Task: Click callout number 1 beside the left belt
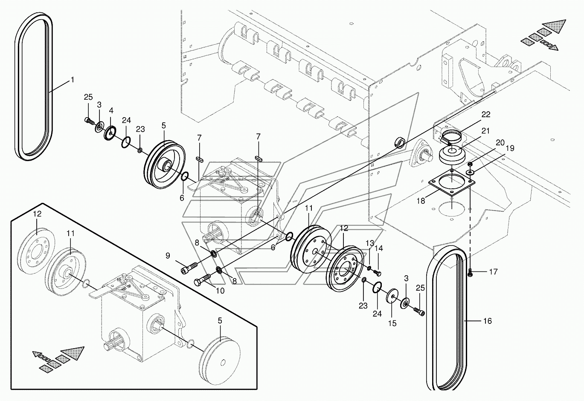coord(73,80)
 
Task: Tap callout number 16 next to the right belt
coord(487,321)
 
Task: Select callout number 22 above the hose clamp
coord(486,114)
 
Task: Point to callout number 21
coord(485,131)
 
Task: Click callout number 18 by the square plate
coord(421,201)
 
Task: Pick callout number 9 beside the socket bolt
coord(168,256)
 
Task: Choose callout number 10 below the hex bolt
coord(220,291)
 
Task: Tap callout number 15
coord(392,323)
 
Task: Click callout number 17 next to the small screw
coord(493,272)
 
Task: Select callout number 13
coord(370,243)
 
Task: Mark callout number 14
coord(378,248)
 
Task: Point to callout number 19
coord(510,148)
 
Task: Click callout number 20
coord(500,142)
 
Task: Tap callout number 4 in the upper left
coord(111,111)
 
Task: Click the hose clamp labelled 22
coord(450,137)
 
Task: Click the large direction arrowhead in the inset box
coord(74,353)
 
